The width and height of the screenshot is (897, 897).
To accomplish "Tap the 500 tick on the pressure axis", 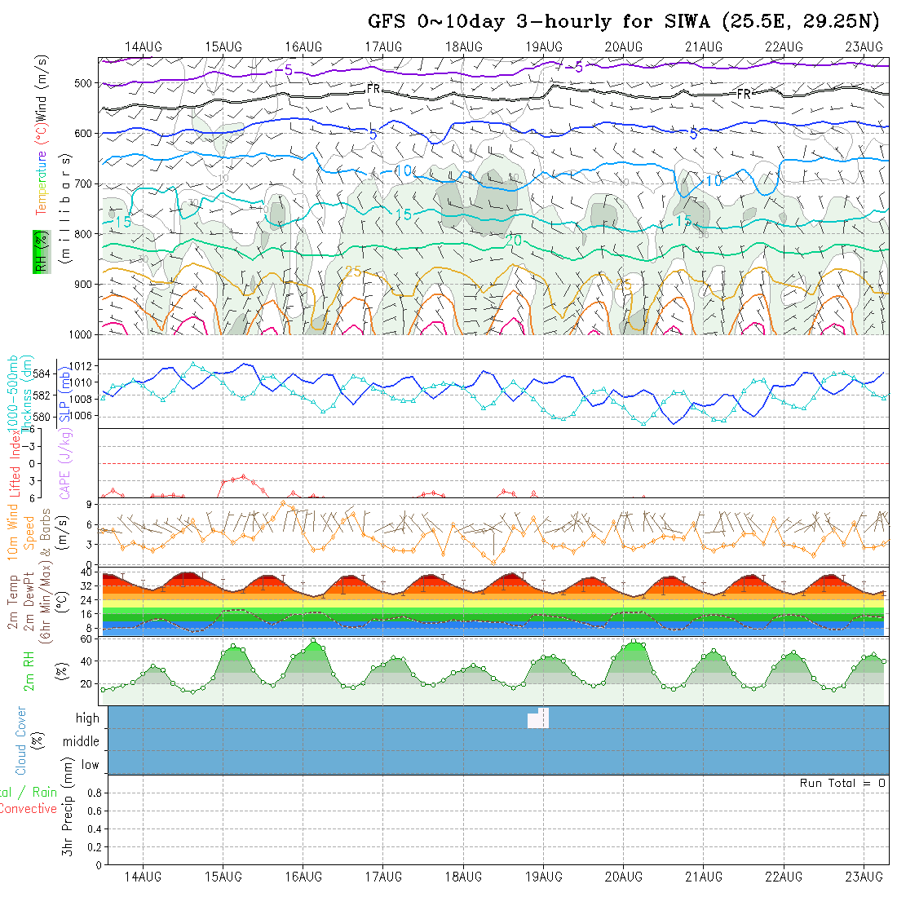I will point(84,83).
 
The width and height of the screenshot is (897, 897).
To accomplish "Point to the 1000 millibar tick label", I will point(80,334).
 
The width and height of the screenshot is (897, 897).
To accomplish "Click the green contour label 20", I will point(514,241).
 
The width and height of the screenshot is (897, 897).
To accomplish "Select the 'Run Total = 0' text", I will point(842,783).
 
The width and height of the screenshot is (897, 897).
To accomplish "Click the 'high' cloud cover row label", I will point(87,718).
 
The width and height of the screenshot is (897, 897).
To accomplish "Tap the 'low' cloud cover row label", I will point(90,765).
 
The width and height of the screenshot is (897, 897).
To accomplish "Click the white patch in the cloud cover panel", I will point(539,718).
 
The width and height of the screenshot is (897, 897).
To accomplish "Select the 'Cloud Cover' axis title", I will point(21,740).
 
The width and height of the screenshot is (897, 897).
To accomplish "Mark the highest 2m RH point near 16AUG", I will point(313,640).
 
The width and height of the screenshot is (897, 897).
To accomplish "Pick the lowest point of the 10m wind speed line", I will point(493,562).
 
